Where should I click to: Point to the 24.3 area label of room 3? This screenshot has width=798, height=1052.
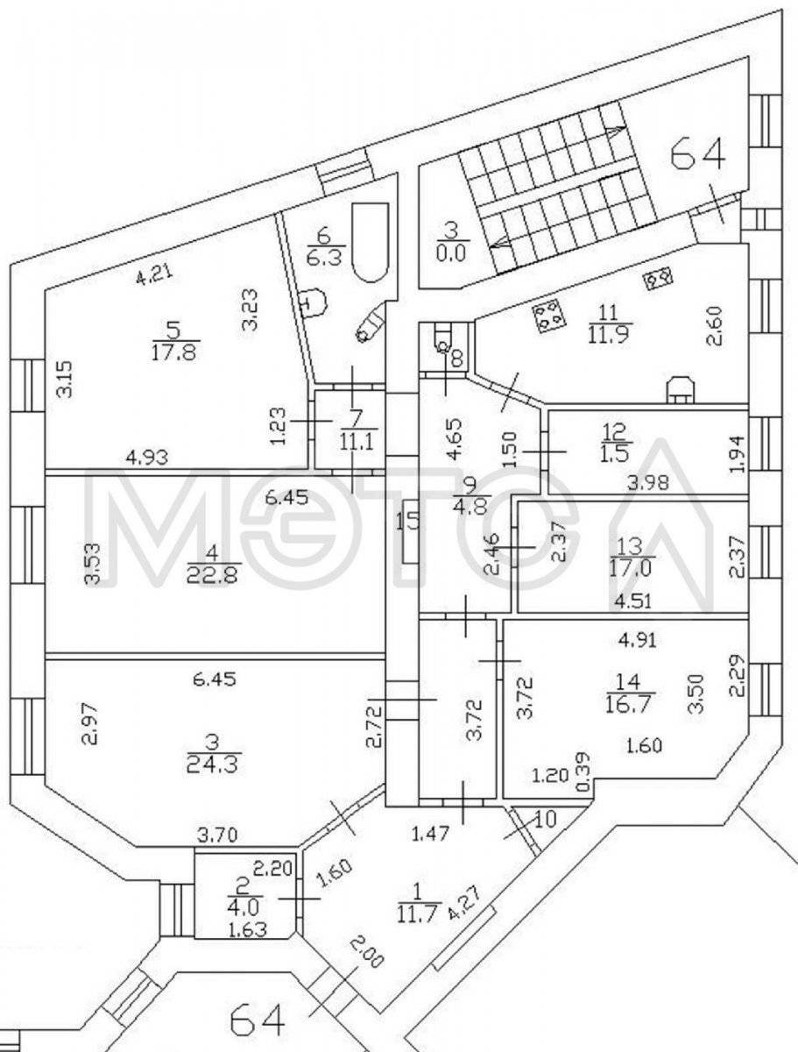[212, 764]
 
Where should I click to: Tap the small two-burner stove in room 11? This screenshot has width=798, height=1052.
[658, 278]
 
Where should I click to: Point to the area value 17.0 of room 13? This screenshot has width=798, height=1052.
[627, 570]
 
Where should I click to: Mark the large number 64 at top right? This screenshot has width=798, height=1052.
[698, 155]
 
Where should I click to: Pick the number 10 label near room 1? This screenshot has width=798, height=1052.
[545, 820]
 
